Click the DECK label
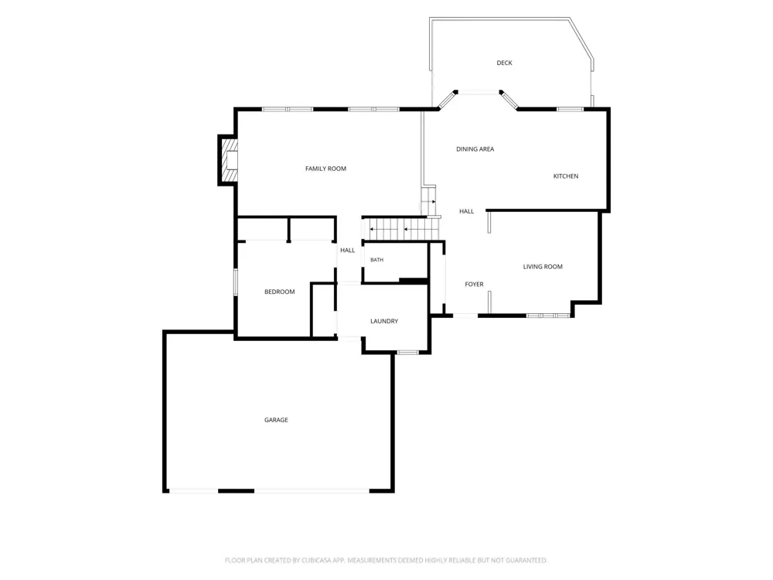(x=504, y=63)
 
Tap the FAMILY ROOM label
(x=326, y=169)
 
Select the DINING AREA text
(x=475, y=149)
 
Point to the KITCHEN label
(x=566, y=176)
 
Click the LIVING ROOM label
(x=543, y=267)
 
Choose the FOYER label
(x=475, y=284)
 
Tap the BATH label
(x=376, y=260)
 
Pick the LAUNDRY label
(x=384, y=321)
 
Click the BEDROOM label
(x=280, y=292)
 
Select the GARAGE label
(x=276, y=420)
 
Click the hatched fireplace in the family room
(x=230, y=160)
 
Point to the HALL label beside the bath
(x=348, y=250)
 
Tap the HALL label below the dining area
(x=467, y=212)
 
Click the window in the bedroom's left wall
(x=236, y=282)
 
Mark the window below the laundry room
(x=407, y=352)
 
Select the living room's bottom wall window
(x=548, y=316)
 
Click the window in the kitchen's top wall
(x=570, y=109)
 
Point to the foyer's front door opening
(x=465, y=316)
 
